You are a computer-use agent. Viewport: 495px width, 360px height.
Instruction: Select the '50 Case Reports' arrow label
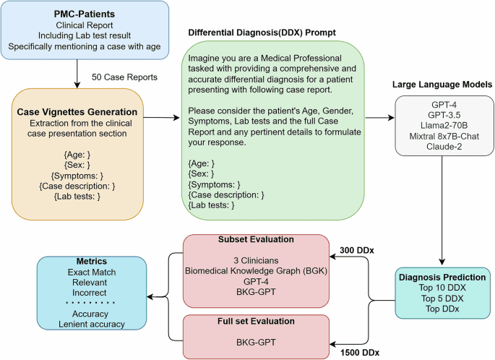coord(125,77)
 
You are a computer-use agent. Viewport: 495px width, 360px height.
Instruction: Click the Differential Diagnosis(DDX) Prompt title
coord(262,33)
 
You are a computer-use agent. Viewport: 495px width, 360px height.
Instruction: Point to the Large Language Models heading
coord(442,84)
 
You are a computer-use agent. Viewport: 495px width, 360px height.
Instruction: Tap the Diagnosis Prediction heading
coord(442,276)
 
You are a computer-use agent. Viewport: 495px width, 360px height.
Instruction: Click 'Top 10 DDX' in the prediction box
coord(442,288)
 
